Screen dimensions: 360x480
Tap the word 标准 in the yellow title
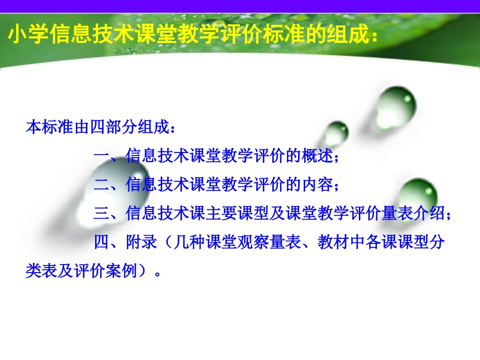[277, 36]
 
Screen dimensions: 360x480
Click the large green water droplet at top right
[397, 104]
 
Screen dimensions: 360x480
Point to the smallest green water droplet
[335, 134]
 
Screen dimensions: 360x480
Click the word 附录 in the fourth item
[141, 243]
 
